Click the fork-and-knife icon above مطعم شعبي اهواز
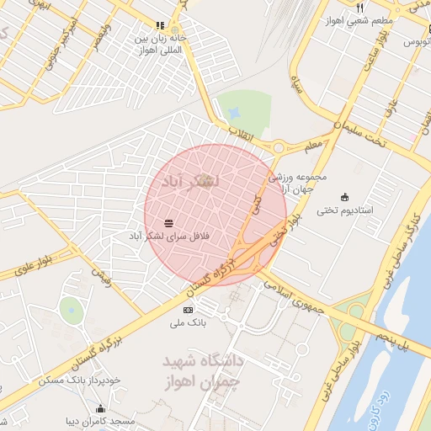[360, 7]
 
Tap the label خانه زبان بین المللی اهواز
[160, 43]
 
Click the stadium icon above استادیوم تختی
[343, 197]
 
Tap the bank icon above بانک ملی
[188, 311]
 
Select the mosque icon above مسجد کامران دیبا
[100, 409]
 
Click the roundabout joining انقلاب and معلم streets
[277, 147]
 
